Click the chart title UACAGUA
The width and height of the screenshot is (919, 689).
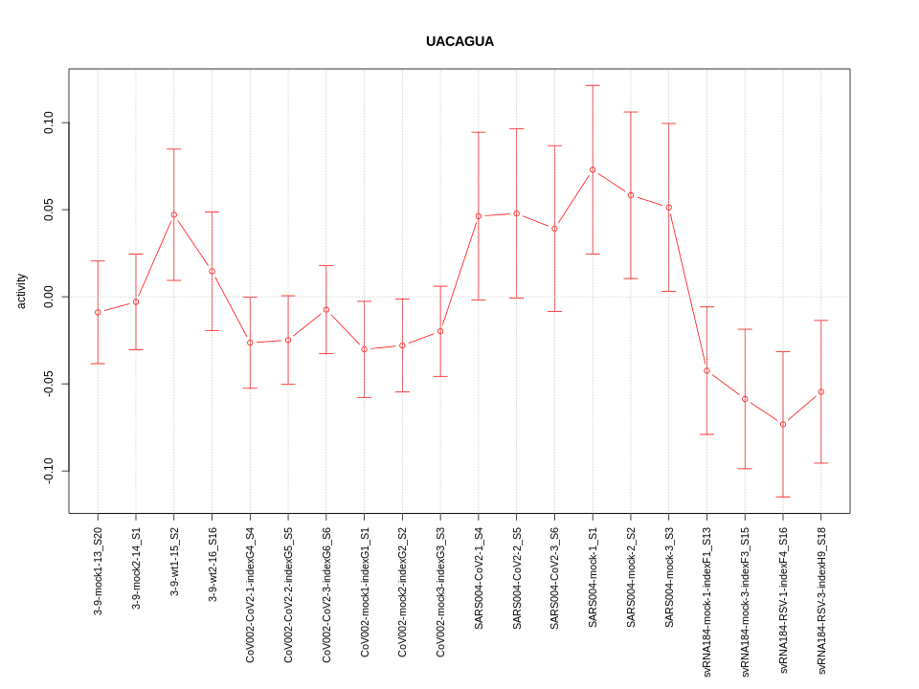pyautogui.click(x=459, y=42)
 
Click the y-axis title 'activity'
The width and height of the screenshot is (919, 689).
pyautogui.click(x=21, y=291)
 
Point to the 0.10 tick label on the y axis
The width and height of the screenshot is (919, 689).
pyautogui.click(x=49, y=123)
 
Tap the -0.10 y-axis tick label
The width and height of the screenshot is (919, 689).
pyautogui.click(x=49, y=471)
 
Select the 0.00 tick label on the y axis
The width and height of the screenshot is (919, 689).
pyautogui.click(x=49, y=297)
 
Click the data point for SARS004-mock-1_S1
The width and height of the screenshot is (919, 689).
pyautogui.click(x=593, y=169)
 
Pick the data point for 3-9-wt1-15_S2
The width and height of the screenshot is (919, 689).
pyautogui.click(x=174, y=214)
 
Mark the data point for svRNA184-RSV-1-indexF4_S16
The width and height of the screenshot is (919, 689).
pyautogui.click(x=783, y=424)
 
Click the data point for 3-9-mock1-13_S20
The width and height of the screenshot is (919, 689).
pyautogui.click(x=98, y=312)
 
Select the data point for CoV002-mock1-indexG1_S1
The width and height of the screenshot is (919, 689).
pyautogui.click(x=365, y=349)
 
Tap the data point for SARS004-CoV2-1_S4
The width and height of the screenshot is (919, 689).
pyautogui.click(x=479, y=216)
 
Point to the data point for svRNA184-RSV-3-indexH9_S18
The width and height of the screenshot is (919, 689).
pyautogui.click(x=821, y=391)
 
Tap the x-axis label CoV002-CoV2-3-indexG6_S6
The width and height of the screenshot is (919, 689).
pyautogui.click(x=326, y=594)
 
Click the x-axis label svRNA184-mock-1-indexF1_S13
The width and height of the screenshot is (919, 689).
pyautogui.click(x=707, y=602)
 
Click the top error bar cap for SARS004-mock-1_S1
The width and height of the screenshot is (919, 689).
pyautogui.click(x=593, y=85)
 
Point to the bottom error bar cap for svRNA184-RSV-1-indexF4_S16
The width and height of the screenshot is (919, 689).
pyautogui.click(x=783, y=497)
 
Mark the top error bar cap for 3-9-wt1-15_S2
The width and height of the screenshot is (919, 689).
pyautogui.click(x=174, y=149)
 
